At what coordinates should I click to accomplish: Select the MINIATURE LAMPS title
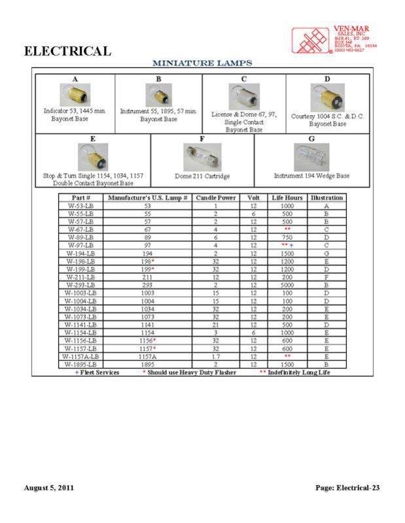[202, 63]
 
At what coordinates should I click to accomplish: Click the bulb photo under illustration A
[75, 94]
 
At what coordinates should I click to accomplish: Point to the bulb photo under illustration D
[328, 97]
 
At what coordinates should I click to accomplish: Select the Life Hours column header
[285, 197]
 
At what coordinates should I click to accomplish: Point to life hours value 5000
[285, 285]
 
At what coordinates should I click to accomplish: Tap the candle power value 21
[215, 324]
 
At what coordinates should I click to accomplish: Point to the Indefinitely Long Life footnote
[295, 373]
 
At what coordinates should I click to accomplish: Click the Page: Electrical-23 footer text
[347, 488]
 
